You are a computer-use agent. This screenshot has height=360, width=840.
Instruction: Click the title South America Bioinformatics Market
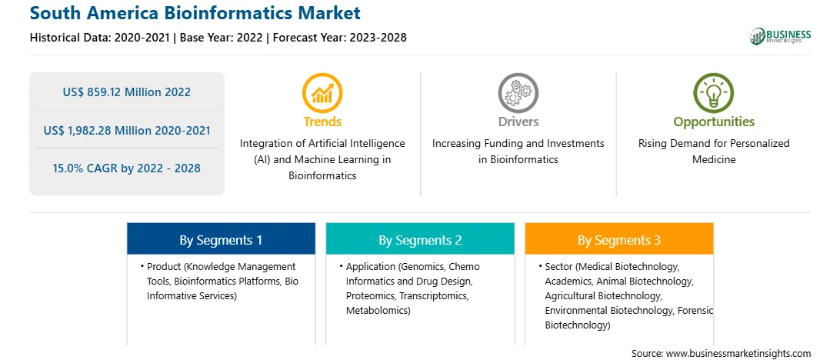tap(195, 12)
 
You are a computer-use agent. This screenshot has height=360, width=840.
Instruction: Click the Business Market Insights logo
tap(780, 36)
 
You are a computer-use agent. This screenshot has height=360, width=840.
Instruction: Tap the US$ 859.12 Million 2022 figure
tap(126, 92)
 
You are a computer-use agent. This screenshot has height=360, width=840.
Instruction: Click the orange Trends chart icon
tap(322, 93)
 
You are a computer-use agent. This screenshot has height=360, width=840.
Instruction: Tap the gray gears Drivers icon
tap(518, 93)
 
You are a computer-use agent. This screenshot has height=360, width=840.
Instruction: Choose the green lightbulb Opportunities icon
tap(714, 93)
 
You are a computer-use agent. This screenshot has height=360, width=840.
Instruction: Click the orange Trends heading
tap(322, 122)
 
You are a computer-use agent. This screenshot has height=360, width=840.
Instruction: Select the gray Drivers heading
tap(518, 122)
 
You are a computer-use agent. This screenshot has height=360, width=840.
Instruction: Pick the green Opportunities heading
tap(714, 122)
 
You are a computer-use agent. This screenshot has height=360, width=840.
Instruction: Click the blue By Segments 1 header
tap(222, 239)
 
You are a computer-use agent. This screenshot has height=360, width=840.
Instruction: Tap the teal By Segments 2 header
tap(420, 239)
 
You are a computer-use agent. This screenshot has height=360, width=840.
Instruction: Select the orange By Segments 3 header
tap(619, 239)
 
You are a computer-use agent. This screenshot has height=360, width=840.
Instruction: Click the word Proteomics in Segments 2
tap(370, 295)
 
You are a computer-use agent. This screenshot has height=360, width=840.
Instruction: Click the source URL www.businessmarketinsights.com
tap(737, 354)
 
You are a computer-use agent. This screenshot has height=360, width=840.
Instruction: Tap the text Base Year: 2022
tap(222, 38)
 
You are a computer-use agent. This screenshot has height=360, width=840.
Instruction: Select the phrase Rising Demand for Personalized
tap(714, 144)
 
